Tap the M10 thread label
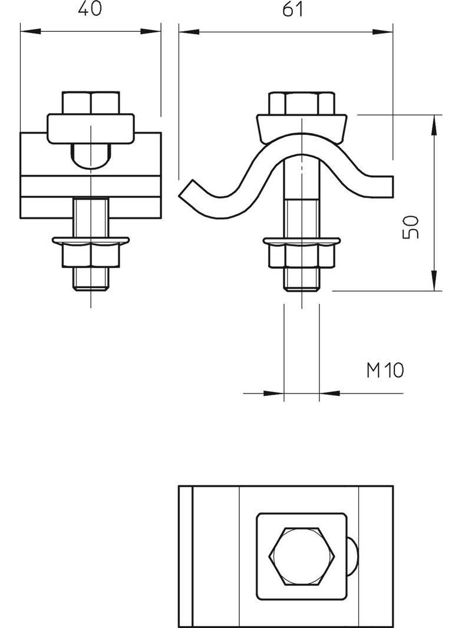385,371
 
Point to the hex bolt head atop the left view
91,103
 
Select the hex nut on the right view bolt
302,256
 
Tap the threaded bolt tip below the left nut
91,279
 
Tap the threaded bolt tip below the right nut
302,280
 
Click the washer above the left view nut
91,240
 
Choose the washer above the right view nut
302,241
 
